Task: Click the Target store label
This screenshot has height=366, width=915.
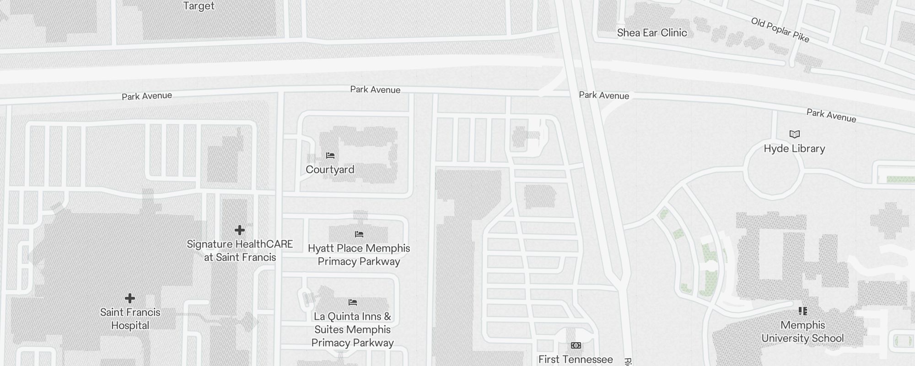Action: [x=199, y=6]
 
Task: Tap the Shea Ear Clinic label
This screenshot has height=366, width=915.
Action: [x=651, y=32]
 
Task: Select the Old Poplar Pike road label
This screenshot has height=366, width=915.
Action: [x=780, y=30]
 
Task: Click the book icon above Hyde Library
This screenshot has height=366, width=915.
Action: [x=794, y=134]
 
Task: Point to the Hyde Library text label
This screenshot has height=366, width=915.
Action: [x=794, y=149]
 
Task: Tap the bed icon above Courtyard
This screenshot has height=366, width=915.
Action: [x=330, y=156]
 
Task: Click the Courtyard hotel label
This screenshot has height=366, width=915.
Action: [x=330, y=170]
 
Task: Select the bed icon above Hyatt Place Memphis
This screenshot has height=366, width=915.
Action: [x=359, y=234]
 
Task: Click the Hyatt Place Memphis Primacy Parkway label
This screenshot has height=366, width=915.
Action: [x=359, y=255]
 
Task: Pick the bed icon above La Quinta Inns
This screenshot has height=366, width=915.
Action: [x=352, y=302]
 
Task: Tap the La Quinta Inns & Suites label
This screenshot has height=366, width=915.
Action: [x=352, y=329]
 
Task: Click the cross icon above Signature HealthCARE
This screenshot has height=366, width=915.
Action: [x=239, y=230]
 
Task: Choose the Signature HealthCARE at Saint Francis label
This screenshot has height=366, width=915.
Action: [x=240, y=251]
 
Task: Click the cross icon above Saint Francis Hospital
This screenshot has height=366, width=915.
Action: [x=130, y=298]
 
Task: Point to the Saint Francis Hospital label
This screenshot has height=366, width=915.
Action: [x=130, y=319]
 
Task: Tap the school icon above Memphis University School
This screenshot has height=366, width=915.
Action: [x=802, y=311]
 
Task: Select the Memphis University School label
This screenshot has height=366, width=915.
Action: [x=802, y=332]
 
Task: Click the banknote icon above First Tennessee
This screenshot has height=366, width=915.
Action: [x=576, y=345]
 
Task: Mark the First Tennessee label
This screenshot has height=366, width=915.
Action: [x=576, y=359]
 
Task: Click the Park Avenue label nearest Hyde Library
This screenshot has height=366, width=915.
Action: [x=831, y=115]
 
